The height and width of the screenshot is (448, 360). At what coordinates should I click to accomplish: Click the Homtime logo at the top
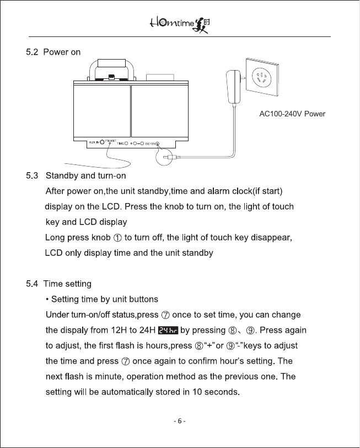pos(180,24)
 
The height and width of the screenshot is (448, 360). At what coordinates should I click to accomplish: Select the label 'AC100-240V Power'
pos(292,114)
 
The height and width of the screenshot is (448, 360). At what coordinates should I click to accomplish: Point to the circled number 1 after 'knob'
pos(119,238)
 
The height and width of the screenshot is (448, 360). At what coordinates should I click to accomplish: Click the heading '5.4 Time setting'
pos(58,284)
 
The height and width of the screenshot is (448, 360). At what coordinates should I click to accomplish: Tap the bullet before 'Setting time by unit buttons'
pos(48,300)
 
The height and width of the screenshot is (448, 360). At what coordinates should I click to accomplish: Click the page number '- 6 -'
pos(180,422)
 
